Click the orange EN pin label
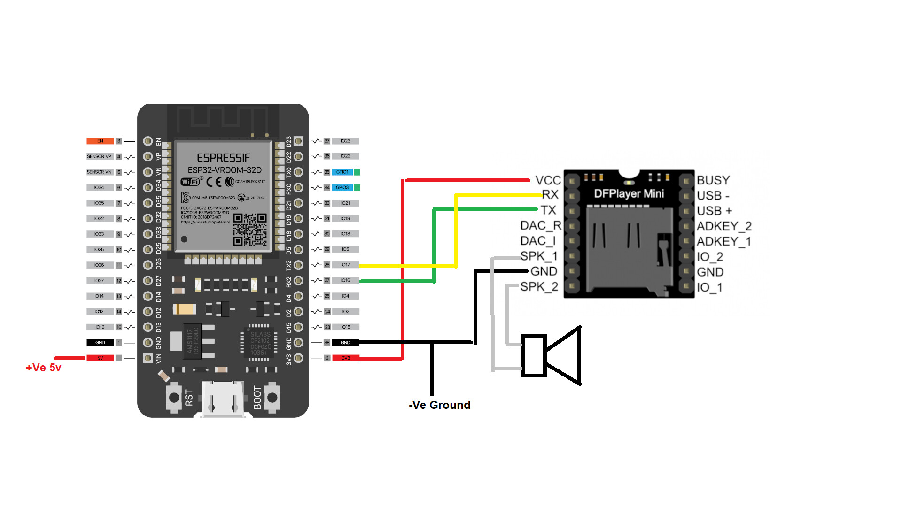[x=100, y=141]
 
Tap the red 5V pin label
[x=100, y=358]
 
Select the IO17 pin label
[x=345, y=265]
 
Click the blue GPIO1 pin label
[x=342, y=172]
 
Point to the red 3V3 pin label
[x=346, y=358]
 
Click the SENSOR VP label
[x=99, y=156]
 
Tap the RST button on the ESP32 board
[x=174, y=398]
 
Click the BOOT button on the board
[x=272, y=398]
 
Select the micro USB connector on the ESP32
[x=223, y=399]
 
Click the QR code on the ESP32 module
[x=250, y=230]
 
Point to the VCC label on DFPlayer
[x=548, y=181]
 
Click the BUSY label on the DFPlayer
[x=713, y=181]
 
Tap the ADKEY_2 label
[x=724, y=226]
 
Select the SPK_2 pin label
[x=539, y=287]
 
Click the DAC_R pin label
[x=541, y=226]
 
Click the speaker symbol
[x=552, y=355]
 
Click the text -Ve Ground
[x=440, y=405]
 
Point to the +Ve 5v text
[x=44, y=368]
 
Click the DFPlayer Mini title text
[x=629, y=194]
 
